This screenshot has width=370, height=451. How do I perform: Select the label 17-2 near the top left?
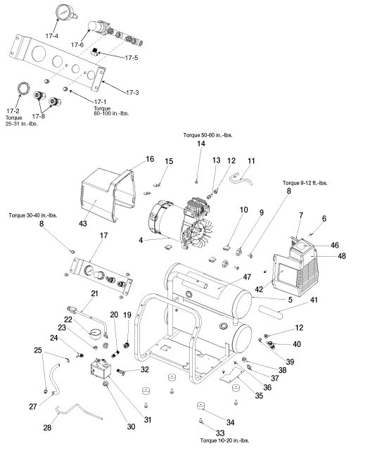[x=13, y=111]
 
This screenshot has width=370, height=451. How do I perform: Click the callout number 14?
[x=200, y=144]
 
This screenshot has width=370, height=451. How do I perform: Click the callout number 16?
[x=150, y=160]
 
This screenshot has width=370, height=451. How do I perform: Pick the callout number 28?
[x=47, y=428]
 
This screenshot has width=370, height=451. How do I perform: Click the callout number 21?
[x=94, y=293]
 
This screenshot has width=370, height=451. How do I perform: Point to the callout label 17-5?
[x=131, y=57]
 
